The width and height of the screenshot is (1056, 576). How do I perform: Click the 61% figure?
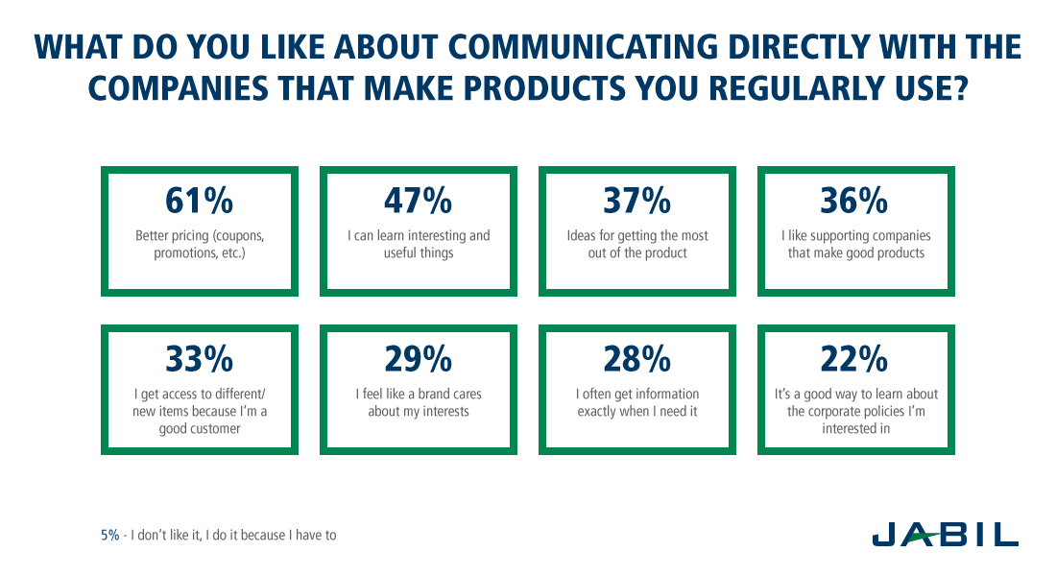[200, 201]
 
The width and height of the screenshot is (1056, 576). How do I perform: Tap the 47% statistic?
[419, 201]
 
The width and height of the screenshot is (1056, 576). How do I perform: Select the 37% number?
[637, 201]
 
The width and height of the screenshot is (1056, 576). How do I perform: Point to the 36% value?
[854, 201]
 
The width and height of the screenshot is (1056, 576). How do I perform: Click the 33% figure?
[200, 359]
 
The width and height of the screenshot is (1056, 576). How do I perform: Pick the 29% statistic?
[419, 359]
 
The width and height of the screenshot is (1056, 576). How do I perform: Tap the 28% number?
[637, 359]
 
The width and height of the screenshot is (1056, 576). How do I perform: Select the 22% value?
[854, 359]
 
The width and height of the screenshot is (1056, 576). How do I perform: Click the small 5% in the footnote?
[109, 536]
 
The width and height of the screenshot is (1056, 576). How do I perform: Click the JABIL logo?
[946, 535]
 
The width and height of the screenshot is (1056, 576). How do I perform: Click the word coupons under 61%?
[238, 236]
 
